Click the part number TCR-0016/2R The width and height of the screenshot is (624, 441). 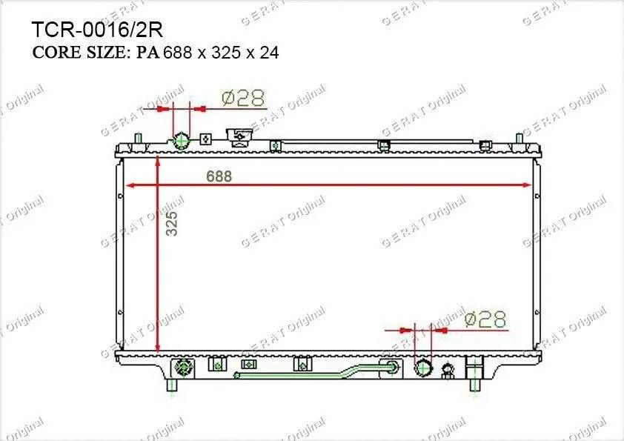(96, 30)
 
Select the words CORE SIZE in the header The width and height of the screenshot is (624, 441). (79, 53)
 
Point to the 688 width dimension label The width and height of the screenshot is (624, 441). (219, 176)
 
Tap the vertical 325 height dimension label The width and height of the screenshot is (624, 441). (171, 223)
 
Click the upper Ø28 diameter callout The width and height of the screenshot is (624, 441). (243, 98)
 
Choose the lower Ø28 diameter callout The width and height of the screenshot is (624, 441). (485, 319)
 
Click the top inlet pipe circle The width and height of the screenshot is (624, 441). (182, 141)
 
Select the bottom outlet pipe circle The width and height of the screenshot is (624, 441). (422, 367)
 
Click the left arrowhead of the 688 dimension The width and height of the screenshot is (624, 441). (130, 185)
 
